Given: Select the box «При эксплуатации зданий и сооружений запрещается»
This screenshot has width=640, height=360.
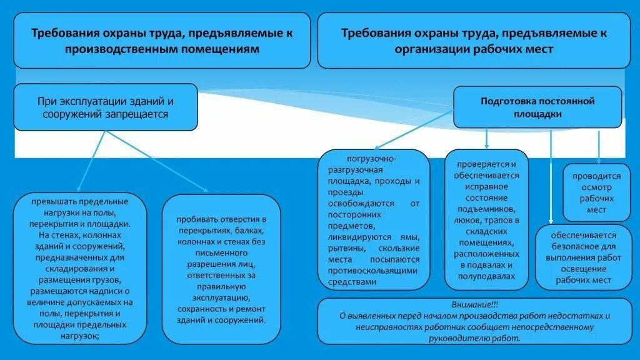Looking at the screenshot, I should coord(105,107).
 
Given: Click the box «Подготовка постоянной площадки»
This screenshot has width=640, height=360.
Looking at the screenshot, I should coord(537,107).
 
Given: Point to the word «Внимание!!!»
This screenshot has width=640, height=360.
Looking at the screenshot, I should coord(475,304).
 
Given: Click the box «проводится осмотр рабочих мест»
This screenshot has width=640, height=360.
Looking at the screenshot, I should coord(596,193).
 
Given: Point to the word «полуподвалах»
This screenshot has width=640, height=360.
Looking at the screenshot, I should coord(486,276).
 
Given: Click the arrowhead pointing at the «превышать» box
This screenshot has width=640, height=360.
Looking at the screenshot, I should coord(79,188).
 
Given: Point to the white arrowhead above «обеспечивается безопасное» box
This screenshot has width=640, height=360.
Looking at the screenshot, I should coord(551,220).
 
